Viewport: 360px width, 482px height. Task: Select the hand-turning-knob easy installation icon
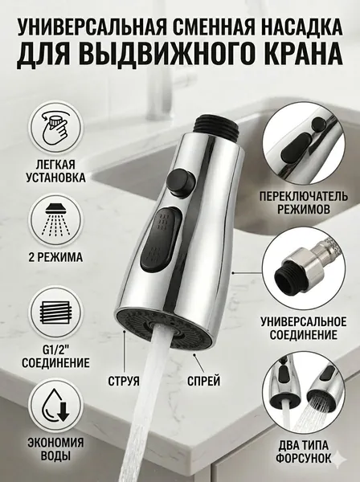tap(55, 129)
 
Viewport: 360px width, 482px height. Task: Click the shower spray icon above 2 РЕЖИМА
tap(56, 220)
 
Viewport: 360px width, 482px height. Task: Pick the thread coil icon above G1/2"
tap(55, 313)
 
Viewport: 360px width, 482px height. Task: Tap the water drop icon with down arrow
tap(56, 405)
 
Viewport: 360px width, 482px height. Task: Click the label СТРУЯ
tap(124, 381)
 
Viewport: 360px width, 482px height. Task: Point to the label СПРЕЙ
tap(204, 381)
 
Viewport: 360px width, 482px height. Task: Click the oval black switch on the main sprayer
tap(161, 238)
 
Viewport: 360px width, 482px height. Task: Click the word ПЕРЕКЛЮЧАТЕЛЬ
tap(304, 196)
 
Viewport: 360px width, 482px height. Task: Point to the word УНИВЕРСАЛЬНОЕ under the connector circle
tap(304, 322)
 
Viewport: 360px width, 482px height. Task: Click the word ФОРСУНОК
tap(304, 459)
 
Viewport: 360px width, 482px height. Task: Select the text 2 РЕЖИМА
tap(55, 257)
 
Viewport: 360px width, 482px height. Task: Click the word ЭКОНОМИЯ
tap(55, 443)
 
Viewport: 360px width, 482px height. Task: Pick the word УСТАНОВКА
tap(55, 178)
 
